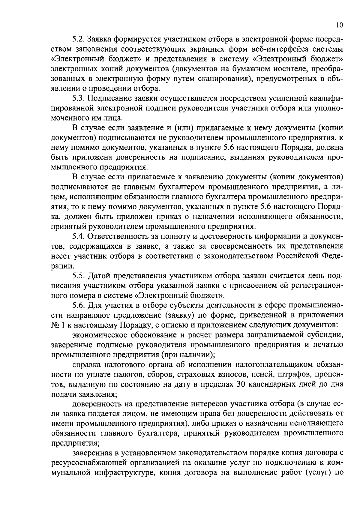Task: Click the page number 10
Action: pyautogui.click(x=339, y=26)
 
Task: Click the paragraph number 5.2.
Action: pyautogui.click(x=78, y=39)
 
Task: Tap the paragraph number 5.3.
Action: pyautogui.click(x=78, y=98)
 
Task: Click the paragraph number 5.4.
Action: pyautogui.click(x=78, y=236)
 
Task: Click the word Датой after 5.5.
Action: pyautogui.click(x=98, y=276)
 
